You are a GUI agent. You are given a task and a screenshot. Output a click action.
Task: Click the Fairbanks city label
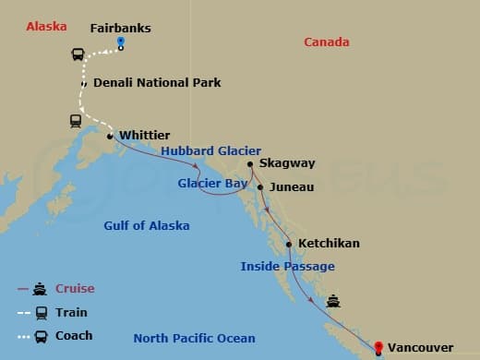(121, 28)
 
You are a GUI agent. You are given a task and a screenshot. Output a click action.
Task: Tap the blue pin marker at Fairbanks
(122, 43)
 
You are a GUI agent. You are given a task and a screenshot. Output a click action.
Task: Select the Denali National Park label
(157, 82)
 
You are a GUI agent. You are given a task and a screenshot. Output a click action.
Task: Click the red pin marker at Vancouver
(378, 347)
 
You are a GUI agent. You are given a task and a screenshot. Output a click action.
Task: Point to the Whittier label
(144, 134)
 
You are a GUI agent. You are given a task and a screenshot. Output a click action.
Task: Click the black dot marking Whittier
(111, 137)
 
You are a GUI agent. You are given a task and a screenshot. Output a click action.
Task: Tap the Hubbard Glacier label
(210, 150)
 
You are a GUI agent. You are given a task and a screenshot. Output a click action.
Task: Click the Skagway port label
(287, 163)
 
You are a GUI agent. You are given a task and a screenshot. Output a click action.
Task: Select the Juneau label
(292, 186)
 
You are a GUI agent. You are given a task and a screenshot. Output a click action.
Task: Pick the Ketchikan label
(329, 244)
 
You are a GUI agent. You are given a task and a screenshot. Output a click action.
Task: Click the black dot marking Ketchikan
(290, 245)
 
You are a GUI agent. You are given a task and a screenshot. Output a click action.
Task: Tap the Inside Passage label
(287, 266)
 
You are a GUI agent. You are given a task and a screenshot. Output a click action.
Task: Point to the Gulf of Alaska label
(147, 225)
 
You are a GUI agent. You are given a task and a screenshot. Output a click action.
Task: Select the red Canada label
(327, 42)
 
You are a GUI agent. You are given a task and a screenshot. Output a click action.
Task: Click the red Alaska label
(46, 26)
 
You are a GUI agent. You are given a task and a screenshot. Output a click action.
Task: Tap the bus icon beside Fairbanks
(78, 54)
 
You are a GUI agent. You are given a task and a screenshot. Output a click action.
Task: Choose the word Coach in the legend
(74, 335)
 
